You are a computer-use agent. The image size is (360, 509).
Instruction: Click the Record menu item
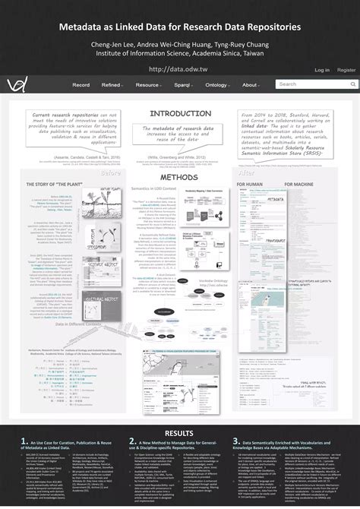pos(81,85)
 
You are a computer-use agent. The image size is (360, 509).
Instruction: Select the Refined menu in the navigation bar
pos(112,85)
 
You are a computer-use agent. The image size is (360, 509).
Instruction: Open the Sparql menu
pos(182,85)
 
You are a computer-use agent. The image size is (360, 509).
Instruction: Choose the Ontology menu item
pos(217,85)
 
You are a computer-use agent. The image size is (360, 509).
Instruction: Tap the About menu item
pos(250,85)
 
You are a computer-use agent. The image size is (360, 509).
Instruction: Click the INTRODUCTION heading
pos(180,113)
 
